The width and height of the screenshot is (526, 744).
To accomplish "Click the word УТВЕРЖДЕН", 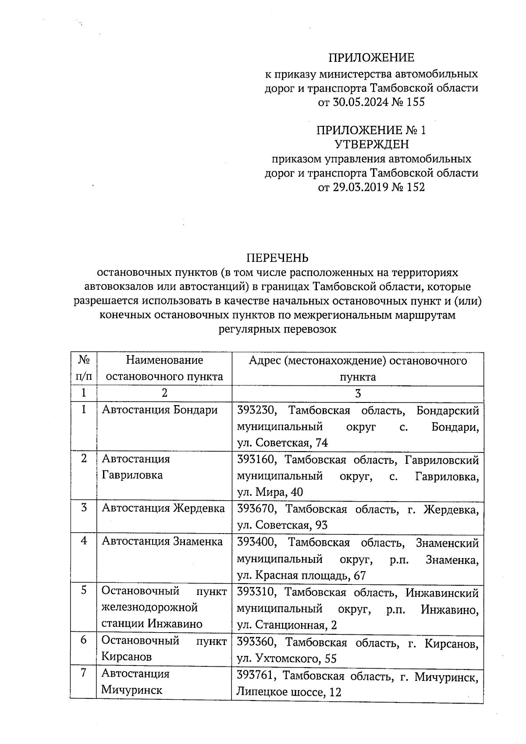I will [371, 144].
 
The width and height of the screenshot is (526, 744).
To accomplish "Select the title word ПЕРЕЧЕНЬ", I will [277, 258].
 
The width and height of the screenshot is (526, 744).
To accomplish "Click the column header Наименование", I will [164, 360].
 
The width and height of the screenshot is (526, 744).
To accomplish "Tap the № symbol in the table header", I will [84, 360].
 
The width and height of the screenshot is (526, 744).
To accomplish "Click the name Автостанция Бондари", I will [160, 410].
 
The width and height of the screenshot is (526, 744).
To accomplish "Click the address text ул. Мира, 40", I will [270, 492].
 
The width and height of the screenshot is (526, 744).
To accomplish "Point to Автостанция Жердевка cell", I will [163, 509].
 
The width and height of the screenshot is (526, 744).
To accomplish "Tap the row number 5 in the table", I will [84, 591].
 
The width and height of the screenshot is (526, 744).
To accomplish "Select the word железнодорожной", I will [149, 608].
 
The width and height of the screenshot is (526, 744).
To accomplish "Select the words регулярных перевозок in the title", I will [277, 329].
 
